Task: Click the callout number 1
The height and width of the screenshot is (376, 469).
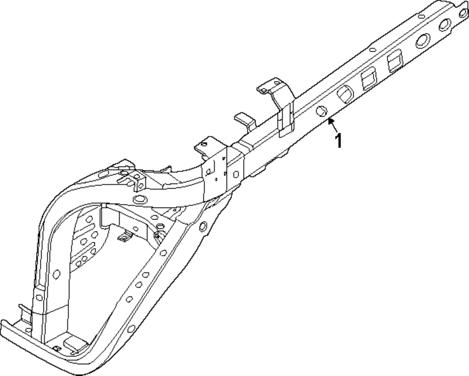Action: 338,140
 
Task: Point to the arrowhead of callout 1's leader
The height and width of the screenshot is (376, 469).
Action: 330,121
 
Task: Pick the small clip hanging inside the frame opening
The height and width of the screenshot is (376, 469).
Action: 123,238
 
